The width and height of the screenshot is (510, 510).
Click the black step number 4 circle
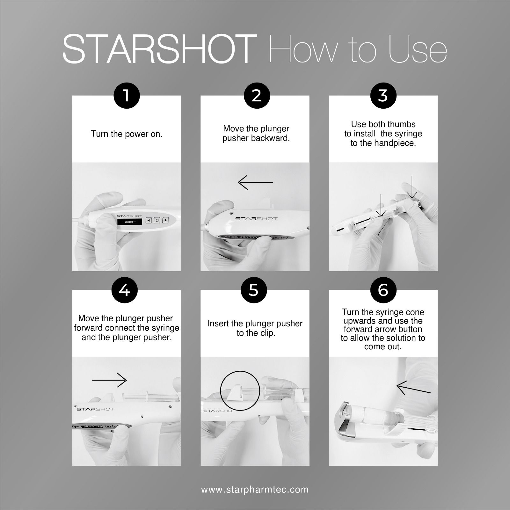pyautogui.click(x=124, y=290)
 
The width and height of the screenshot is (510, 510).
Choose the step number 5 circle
pyautogui.click(x=253, y=290)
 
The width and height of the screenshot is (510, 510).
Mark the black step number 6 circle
pyautogui.click(x=383, y=290)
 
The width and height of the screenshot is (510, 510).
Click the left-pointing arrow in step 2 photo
pyautogui.click(x=255, y=182)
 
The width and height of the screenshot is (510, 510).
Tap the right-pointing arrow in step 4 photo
pyautogui.click(x=109, y=380)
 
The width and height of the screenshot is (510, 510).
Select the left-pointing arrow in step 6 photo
pyautogui.click(x=414, y=387)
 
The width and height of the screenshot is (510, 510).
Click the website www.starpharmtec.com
pyautogui.click(x=255, y=489)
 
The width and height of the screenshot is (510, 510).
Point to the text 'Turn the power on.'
pyautogui.click(x=127, y=134)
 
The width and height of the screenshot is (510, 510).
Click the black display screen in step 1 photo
pyautogui.click(x=129, y=222)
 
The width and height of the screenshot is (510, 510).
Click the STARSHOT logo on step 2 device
pyautogui.click(x=256, y=219)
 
